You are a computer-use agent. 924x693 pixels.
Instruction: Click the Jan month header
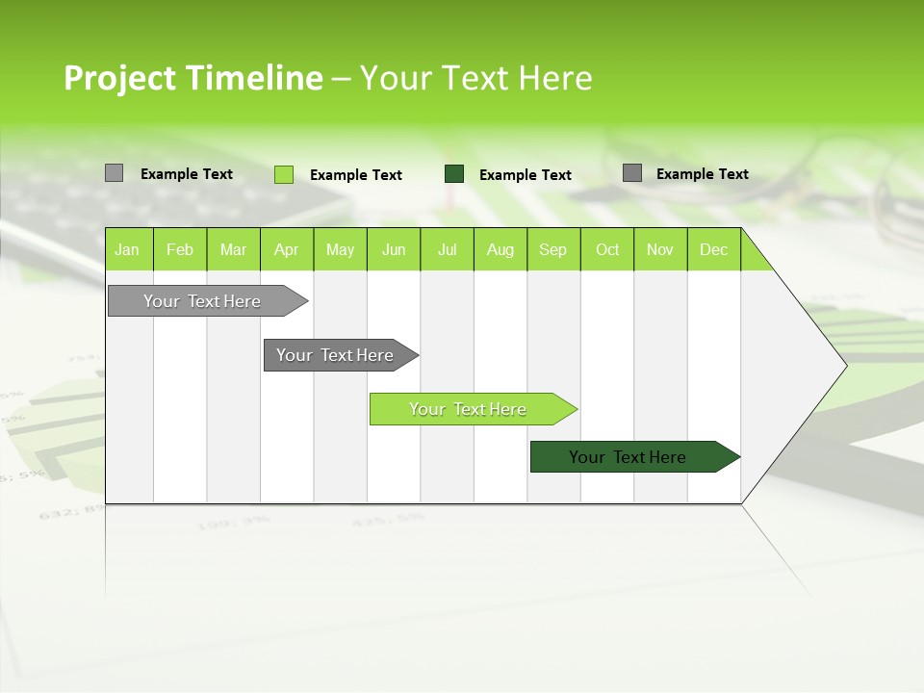pos(127,250)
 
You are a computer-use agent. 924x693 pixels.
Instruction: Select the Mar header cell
pos(233,250)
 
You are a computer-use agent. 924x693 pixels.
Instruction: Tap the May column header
pos(340,250)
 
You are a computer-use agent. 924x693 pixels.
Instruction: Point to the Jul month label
pos(447,250)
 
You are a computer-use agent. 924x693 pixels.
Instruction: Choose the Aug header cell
pos(500,250)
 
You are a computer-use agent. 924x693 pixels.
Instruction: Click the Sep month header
pos(553,250)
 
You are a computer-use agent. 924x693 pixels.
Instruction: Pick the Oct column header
pos(607,250)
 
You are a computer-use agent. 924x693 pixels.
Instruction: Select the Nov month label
pos(660,250)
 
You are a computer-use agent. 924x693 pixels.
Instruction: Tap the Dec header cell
pos(713,250)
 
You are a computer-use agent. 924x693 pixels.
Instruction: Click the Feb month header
pos(180,250)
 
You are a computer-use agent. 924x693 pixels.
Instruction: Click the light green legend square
pos(284,174)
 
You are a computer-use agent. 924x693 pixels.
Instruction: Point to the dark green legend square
pos(454,174)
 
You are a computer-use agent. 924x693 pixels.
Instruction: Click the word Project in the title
pos(120,78)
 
